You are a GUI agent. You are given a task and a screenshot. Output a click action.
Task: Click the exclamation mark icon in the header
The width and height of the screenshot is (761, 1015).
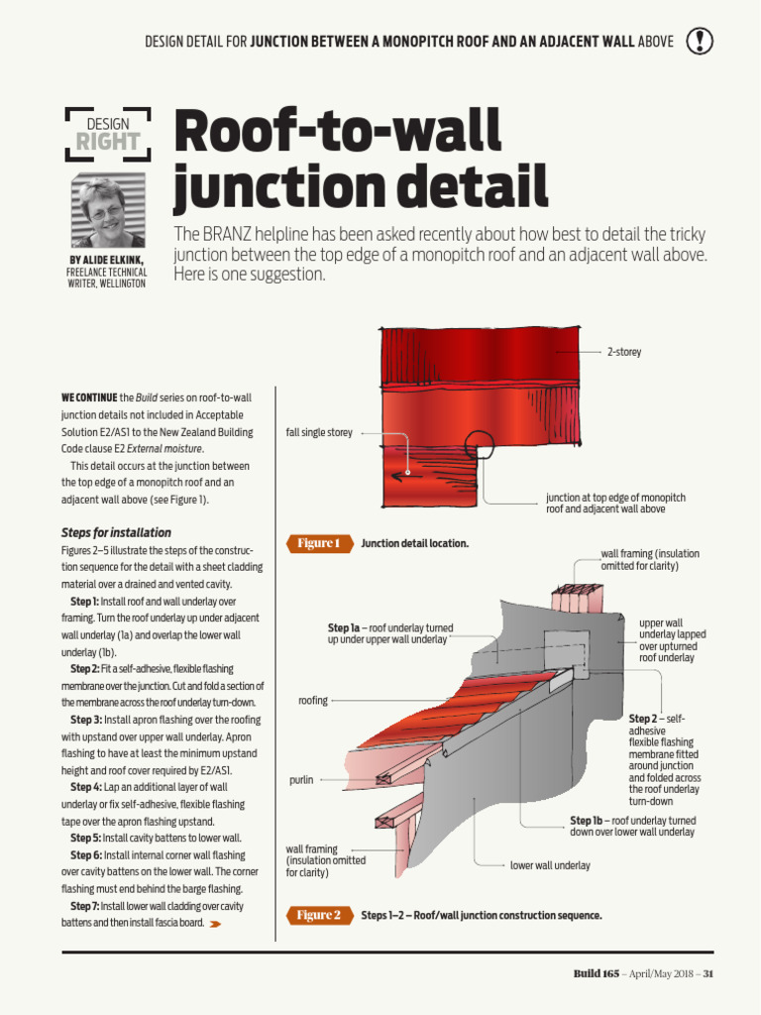[x=700, y=41]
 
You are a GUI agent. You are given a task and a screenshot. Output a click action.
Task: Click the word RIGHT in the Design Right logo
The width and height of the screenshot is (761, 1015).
[x=108, y=142]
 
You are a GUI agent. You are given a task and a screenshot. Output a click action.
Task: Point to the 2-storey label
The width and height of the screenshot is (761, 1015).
[x=624, y=352]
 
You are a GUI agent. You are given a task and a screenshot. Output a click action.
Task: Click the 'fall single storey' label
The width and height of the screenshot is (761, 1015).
[x=319, y=433]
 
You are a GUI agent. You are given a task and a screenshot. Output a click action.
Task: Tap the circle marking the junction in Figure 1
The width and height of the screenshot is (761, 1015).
[x=480, y=445]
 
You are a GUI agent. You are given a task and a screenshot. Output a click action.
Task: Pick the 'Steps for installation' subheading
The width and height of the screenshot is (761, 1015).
[x=116, y=532]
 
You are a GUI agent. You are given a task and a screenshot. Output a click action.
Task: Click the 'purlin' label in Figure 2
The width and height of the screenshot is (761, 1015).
[x=301, y=780]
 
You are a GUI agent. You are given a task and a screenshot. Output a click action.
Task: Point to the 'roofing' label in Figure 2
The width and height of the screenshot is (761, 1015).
[x=312, y=701]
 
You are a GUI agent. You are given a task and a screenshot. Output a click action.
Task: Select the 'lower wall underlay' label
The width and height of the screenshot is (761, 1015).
[x=550, y=865]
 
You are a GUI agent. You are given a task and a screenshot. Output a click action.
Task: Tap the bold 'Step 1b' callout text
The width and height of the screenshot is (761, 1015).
[x=586, y=821]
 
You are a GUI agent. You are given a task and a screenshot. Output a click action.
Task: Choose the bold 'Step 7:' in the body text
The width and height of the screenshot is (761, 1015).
[x=84, y=906]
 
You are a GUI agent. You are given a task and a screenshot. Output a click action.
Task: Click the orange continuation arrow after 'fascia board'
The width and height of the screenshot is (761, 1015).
[x=215, y=924]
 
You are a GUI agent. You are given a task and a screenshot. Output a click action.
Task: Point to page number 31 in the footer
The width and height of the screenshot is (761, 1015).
[x=707, y=973]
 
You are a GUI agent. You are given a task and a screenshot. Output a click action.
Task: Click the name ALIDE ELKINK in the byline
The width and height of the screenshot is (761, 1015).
[x=112, y=261]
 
